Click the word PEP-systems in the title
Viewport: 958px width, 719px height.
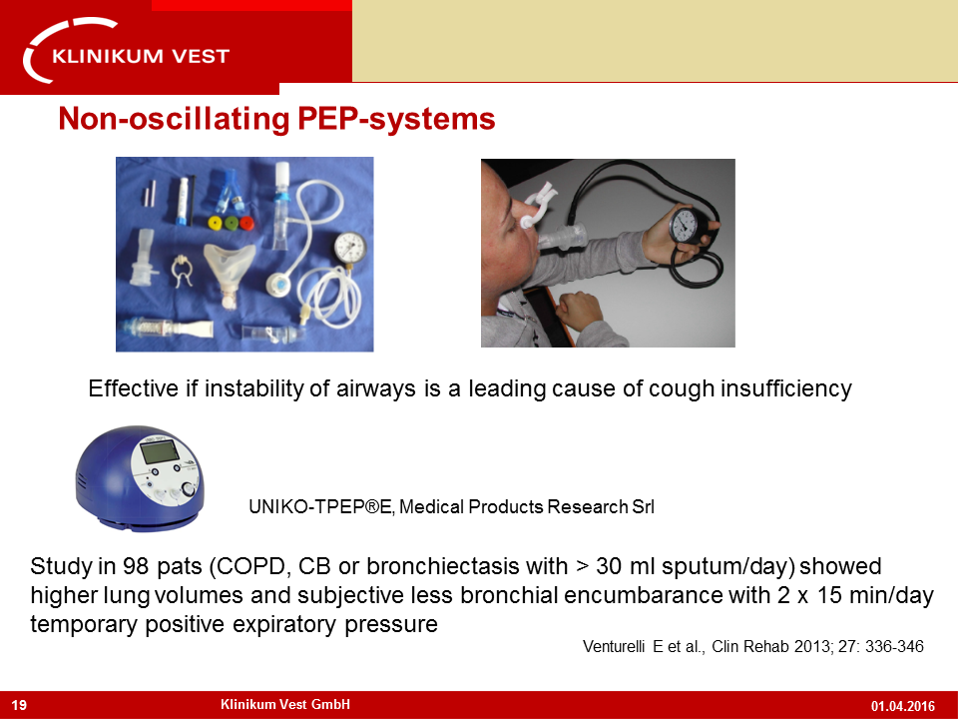[396, 119]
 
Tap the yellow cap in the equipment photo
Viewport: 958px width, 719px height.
[216, 222]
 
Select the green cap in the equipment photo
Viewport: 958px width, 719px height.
[231, 222]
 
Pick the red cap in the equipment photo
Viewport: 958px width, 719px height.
[246, 223]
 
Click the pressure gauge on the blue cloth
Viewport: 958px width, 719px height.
[350, 249]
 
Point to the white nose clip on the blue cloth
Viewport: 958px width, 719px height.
[182, 271]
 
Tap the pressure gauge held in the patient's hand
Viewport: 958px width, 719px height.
[685, 226]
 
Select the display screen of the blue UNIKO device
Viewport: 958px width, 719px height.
[160, 452]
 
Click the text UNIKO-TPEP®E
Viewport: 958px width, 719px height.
[321, 507]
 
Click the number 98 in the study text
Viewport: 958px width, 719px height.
[136, 566]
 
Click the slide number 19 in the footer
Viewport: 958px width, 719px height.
[19, 705]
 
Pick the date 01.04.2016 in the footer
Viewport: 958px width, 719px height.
[903, 706]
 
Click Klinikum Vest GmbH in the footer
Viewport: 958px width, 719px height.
[285, 704]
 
